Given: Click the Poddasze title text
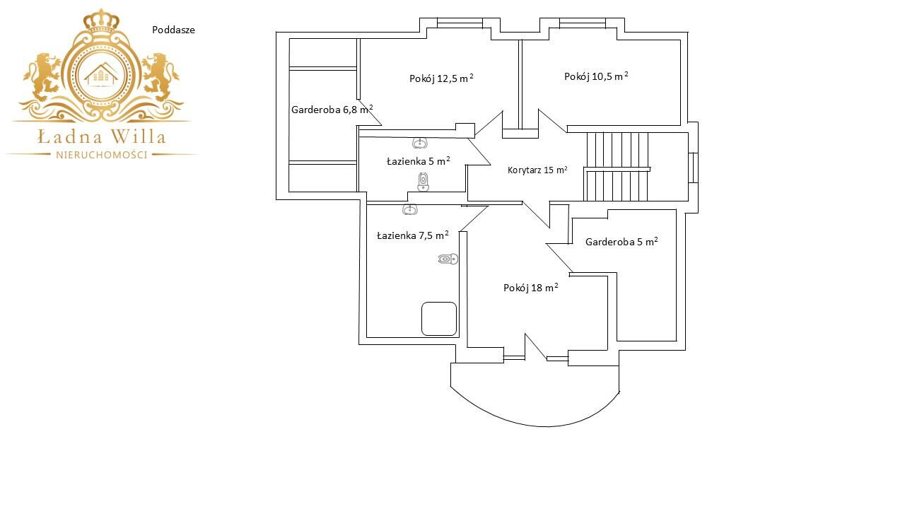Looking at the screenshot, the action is (x=173, y=30).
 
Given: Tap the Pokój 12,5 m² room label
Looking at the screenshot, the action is (x=441, y=78).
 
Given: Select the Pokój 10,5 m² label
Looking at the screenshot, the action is (x=596, y=76).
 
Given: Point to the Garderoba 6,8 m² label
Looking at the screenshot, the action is (x=332, y=109).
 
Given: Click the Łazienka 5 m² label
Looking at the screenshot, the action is (x=418, y=161).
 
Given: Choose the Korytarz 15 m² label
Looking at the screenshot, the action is (x=537, y=170).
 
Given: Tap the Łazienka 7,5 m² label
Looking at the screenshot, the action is (x=412, y=235).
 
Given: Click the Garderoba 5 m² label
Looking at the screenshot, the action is (x=621, y=242).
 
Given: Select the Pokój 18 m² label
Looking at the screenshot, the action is (x=530, y=288).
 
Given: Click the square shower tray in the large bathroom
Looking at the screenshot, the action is (x=439, y=319).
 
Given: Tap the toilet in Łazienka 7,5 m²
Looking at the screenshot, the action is (x=448, y=259).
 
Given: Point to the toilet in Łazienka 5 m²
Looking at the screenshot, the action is (x=423, y=182).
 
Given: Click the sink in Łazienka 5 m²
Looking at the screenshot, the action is (x=420, y=143).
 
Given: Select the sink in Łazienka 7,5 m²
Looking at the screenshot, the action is (x=409, y=209).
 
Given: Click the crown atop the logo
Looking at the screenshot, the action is (x=101, y=19).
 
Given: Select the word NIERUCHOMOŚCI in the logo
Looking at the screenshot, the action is (x=102, y=155).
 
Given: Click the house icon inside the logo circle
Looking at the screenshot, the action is (x=101, y=75).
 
